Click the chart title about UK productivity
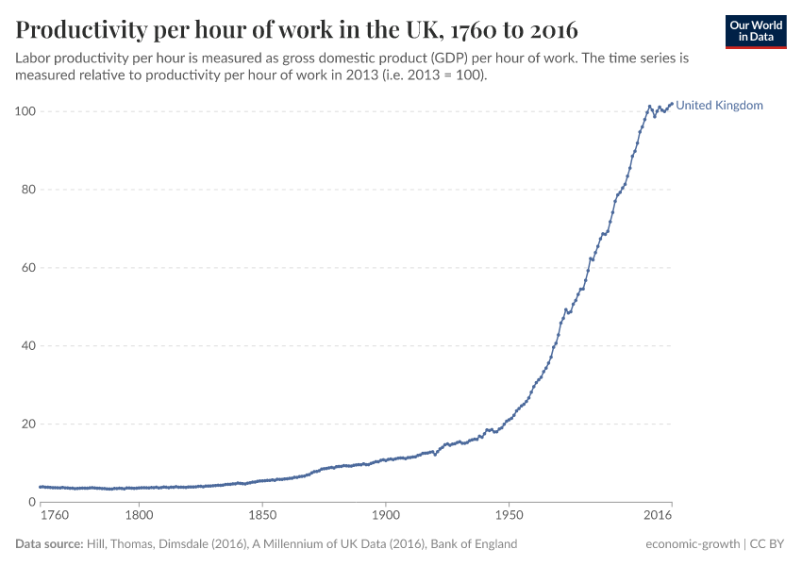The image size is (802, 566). click(297, 28)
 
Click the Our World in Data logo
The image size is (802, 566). click(755, 31)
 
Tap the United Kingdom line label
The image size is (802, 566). click(719, 106)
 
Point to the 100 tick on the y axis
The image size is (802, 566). click(25, 111)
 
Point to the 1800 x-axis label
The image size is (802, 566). click(139, 517)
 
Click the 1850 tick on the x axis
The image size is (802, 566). click(262, 517)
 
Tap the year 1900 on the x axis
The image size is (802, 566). click(385, 517)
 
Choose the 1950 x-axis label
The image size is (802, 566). click(509, 517)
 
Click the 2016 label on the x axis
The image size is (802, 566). click(658, 517)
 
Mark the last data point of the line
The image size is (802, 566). click(671, 104)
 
